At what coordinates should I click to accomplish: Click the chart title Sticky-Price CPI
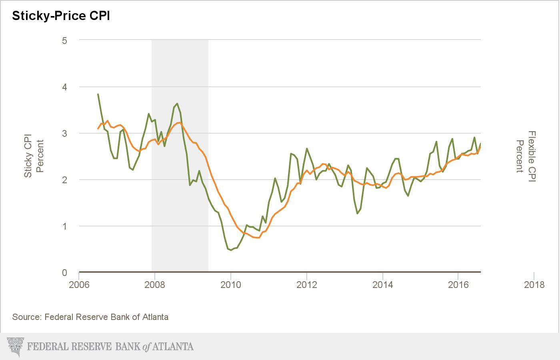coord(61,16)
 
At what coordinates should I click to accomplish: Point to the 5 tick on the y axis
coord(64,40)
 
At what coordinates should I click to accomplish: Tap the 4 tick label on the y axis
coord(64,87)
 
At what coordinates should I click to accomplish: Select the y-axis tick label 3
coord(64,133)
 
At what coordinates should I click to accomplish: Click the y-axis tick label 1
coord(64,226)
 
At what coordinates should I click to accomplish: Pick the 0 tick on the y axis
coord(64,272)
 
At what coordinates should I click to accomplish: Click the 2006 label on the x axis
coord(79,285)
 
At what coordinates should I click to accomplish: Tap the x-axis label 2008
coord(155,285)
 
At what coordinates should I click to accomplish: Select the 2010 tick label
coord(231,285)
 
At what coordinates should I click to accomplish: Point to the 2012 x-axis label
coord(306,285)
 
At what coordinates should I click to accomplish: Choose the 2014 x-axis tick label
coord(382,285)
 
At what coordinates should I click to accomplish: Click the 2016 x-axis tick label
coord(458,285)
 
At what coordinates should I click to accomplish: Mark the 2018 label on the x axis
coord(534,285)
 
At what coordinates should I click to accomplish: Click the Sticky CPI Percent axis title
coord(34,156)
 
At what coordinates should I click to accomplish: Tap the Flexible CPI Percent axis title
coord(526,156)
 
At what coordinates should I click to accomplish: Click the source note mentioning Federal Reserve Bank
coord(90,317)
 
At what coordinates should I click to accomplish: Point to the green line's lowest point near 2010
coord(231,250)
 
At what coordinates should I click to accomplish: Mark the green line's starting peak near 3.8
coord(98,94)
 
